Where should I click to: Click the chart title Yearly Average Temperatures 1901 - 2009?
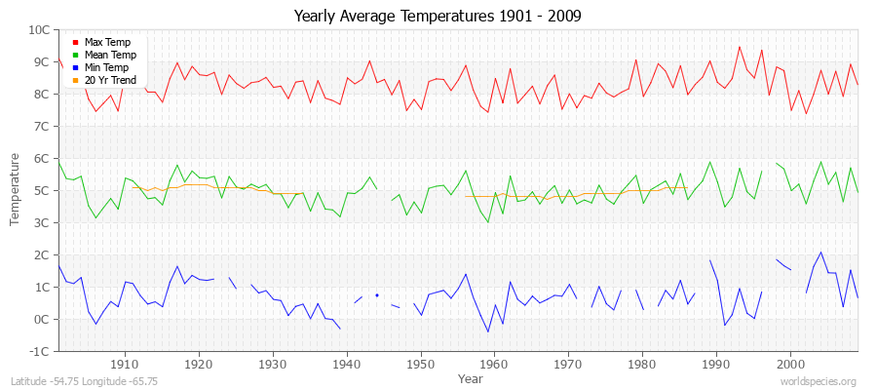tap(438, 17)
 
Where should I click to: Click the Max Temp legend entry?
tap(107, 42)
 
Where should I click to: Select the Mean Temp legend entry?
tap(109, 55)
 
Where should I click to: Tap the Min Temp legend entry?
tap(107, 67)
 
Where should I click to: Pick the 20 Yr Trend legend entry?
tap(110, 80)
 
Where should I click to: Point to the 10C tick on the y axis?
tap(39, 30)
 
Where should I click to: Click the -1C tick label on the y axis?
tap(40, 352)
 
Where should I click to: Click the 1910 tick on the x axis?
tap(125, 364)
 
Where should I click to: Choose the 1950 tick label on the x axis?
tap(421, 364)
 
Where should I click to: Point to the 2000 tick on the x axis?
tap(790, 364)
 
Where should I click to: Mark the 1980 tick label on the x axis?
tap(642, 364)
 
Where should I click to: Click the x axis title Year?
tap(470, 377)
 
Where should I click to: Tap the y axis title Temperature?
tap(15, 189)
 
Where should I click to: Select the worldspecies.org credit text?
tap(818, 381)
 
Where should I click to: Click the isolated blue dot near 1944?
tap(377, 295)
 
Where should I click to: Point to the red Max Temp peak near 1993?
tap(739, 47)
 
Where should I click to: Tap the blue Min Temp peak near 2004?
tap(820, 253)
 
